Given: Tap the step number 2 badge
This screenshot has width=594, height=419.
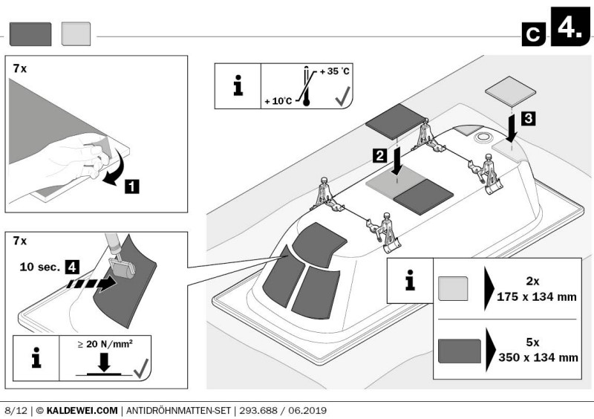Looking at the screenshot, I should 379,156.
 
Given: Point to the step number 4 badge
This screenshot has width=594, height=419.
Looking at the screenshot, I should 73,264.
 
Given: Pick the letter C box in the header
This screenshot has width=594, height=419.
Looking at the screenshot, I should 532,33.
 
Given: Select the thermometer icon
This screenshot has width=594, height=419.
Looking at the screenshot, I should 304,88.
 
